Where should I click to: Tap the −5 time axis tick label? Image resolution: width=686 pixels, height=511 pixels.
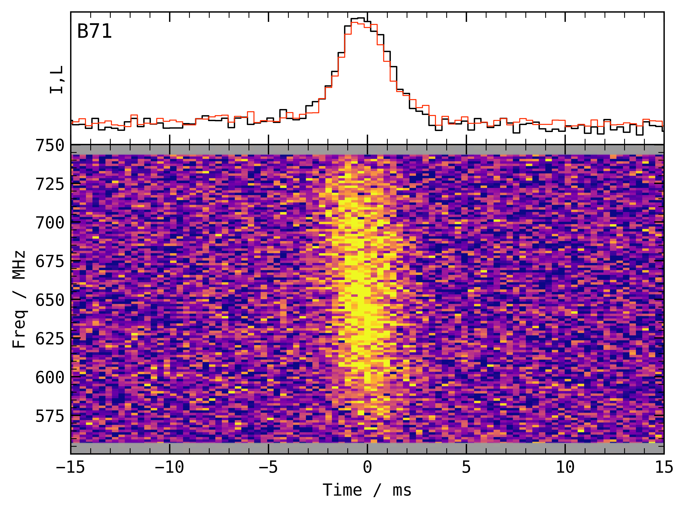tap(268, 467)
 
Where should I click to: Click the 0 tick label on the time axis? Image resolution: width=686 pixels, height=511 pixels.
tap(367, 467)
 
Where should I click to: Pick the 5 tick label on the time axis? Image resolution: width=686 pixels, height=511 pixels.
tap(466, 467)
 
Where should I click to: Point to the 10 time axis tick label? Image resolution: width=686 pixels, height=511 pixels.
tap(565, 467)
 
